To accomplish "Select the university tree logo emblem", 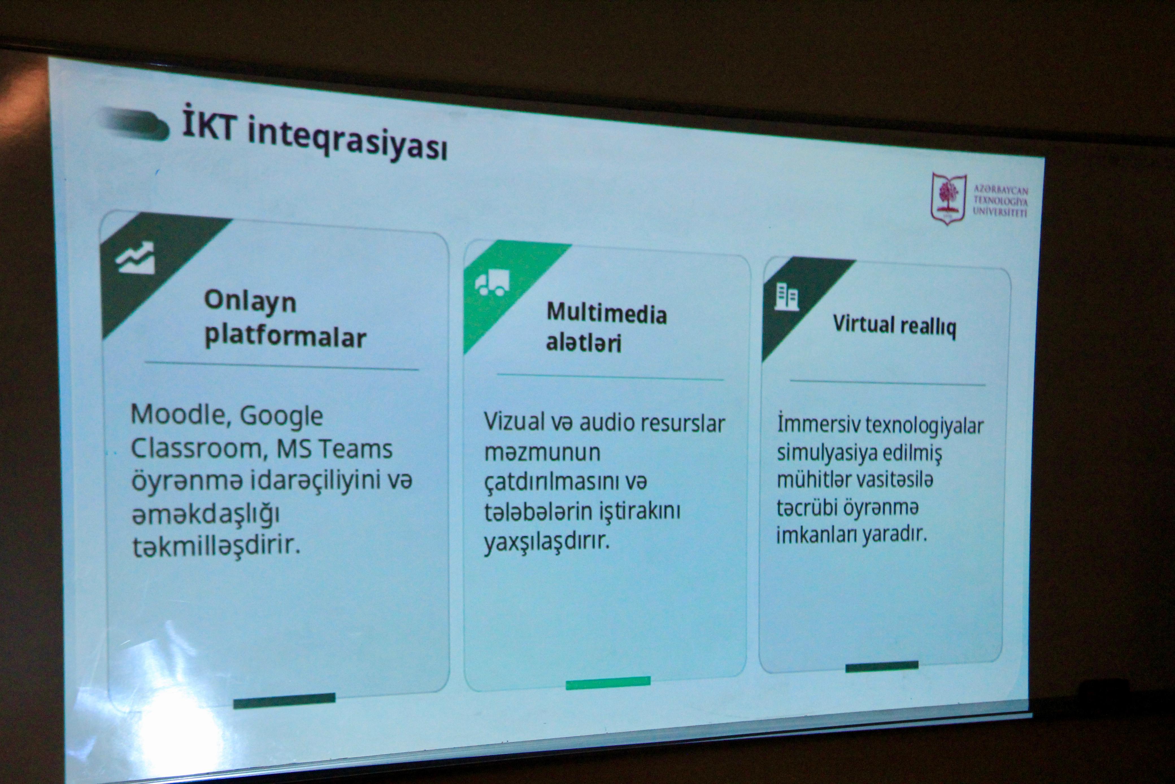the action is tap(948, 198).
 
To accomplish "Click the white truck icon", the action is tap(492, 283).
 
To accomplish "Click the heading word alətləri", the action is tap(584, 343).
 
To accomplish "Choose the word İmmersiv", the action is tap(819, 423).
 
